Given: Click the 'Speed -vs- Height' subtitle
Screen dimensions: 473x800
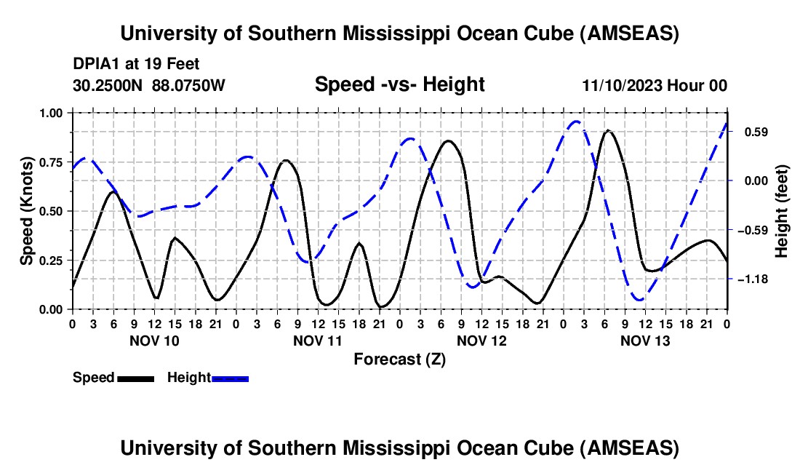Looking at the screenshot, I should [x=399, y=85].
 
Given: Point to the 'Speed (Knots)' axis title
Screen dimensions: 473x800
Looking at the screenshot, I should [x=27, y=210].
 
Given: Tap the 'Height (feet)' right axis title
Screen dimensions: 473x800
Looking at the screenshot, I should [x=782, y=211].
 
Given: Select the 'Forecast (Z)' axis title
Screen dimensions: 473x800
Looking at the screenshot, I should [x=399, y=359].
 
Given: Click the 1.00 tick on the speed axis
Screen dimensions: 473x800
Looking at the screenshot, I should [x=51, y=113].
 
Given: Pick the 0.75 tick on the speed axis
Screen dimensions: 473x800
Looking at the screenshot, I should [x=51, y=162].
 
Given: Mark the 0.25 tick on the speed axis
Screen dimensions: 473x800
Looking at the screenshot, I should [x=51, y=261].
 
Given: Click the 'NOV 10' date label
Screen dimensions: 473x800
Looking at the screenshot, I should [x=153, y=341].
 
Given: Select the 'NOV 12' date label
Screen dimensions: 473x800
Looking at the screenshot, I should [x=481, y=341].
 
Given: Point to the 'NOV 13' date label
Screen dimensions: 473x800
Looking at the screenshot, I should [x=645, y=341].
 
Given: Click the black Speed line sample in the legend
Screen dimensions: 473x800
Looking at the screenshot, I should [x=135, y=378].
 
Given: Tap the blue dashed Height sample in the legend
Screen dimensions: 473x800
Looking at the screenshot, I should [x=230, y=378].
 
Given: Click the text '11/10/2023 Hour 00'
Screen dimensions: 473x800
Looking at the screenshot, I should [x=655, y=86].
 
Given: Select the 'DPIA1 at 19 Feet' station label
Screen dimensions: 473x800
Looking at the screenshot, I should [x=136, y=65].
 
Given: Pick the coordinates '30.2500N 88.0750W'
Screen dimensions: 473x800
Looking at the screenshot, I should [x=149, y=86].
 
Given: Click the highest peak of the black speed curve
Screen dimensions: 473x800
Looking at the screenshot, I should [x=608, y=131].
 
